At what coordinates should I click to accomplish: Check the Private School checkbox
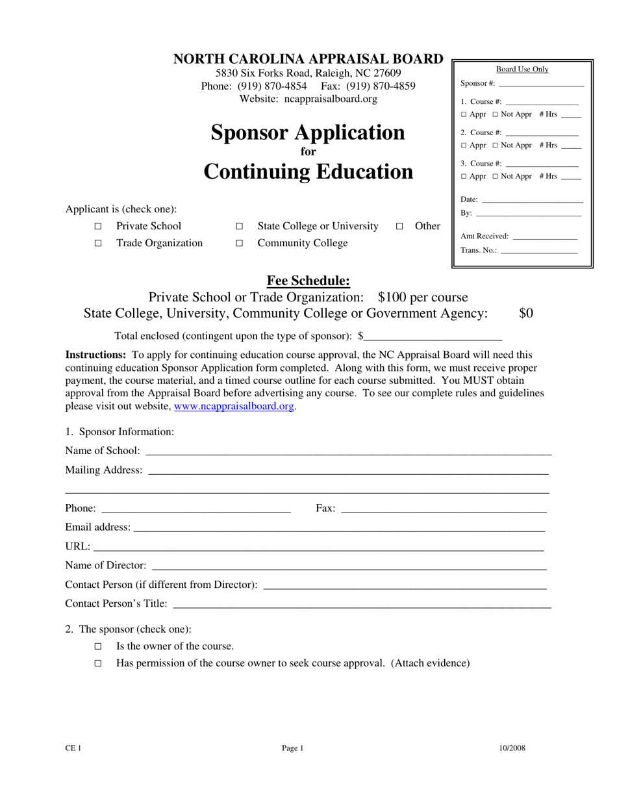(x=98, y=227)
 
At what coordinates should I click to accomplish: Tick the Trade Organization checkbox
(x=98, y=244)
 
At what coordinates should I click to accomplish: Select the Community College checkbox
(x=239, y=244)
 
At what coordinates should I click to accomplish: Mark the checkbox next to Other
(x=399, y=227)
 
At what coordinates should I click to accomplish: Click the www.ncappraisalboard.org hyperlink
(x=234, y=406)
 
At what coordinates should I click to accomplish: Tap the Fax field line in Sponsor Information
(x=443, y=508)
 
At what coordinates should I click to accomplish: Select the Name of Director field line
(x=349, y=565)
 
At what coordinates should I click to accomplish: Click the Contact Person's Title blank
(x=362, y=603)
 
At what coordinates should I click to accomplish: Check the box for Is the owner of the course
(x=98, y=646)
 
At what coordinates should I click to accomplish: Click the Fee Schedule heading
(x=308, y=281)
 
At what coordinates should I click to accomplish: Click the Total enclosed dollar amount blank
(x=433, y=336)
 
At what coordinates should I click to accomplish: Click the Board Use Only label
(x=522, y=70)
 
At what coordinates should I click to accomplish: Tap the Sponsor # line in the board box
(x=541, y=83)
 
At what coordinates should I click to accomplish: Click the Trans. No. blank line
(x=539, y=250)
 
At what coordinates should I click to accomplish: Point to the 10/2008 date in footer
(x=512, y=748)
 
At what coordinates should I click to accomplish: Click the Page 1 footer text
(x=293, y=748)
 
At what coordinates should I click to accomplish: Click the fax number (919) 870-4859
(x=381, y=86)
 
